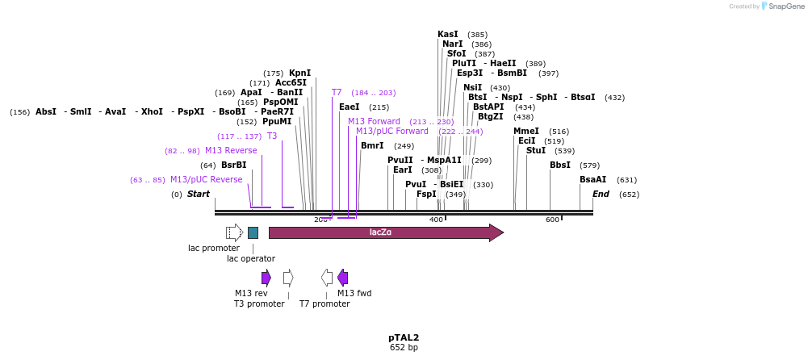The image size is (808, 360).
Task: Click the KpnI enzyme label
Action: coord(299,73)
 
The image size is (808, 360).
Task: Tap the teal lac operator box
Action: coord(253,232)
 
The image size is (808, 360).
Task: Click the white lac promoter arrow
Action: coord(234,232)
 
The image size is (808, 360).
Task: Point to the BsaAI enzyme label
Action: coord(592,180)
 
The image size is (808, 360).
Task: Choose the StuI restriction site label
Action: coord(536,151)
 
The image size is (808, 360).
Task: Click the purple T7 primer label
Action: coord(337,93)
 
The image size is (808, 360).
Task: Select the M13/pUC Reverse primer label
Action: coord(206,180)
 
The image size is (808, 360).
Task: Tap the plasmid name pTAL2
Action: coord(404,337)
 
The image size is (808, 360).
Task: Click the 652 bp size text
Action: coord(404,348)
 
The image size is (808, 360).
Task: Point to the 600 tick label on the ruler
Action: coord(552,220)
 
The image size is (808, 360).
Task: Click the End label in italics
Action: coord(601,195)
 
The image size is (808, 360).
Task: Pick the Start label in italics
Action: coord(199,195)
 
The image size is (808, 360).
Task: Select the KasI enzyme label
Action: coord(448,35)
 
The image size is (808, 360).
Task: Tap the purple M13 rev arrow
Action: coord(266,278)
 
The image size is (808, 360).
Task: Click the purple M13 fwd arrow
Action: coord(342,278)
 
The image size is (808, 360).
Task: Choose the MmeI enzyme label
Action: coord(526,132)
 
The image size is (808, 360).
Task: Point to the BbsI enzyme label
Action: coord(560,165)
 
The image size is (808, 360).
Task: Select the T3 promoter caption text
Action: coord(259,304)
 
